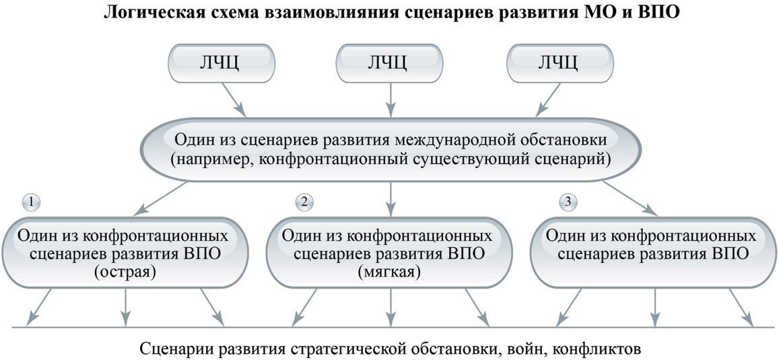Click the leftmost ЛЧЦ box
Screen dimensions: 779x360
pos(222,63)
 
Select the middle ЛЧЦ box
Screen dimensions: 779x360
pos(390,63)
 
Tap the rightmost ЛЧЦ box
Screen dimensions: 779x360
pos(560,63)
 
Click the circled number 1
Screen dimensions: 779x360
pos(31,202)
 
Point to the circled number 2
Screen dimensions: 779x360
pos(304,202)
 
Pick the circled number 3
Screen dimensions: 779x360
pos(568,202)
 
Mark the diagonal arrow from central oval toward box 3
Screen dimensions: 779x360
pos(630,199)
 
